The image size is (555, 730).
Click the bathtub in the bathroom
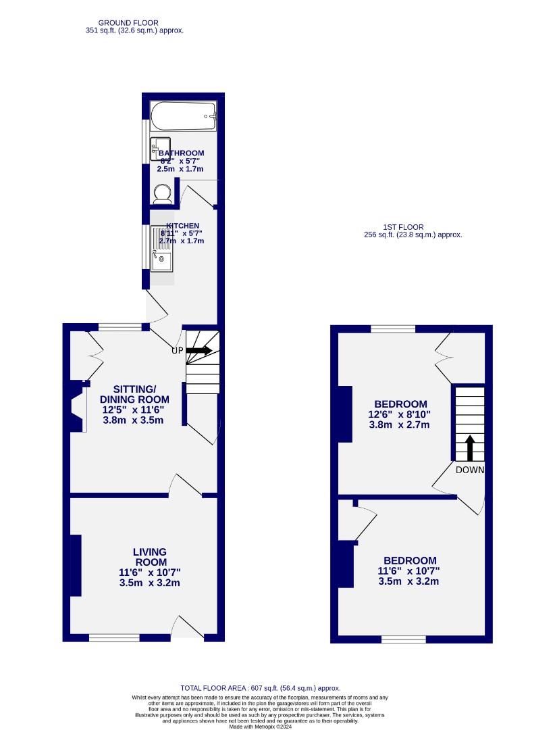tap(183, 117)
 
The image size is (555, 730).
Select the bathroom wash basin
tap(160, 148)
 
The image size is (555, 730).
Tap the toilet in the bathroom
tap(162, 195)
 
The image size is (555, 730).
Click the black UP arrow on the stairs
tap(199, 350)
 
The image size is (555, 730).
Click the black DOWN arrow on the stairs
tap(470, 447)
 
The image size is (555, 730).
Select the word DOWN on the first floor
tap(469, 470)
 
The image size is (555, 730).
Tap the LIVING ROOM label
tap(150, 557)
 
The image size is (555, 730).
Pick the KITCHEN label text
tap(183, 226)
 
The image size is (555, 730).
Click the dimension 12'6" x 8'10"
tap(398, 414)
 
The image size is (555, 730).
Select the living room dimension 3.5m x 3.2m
tap(149, 582)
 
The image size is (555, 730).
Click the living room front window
tap(114, 637)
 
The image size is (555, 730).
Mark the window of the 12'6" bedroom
tap(392, 328)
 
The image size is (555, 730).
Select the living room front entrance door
tap(190, 628)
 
